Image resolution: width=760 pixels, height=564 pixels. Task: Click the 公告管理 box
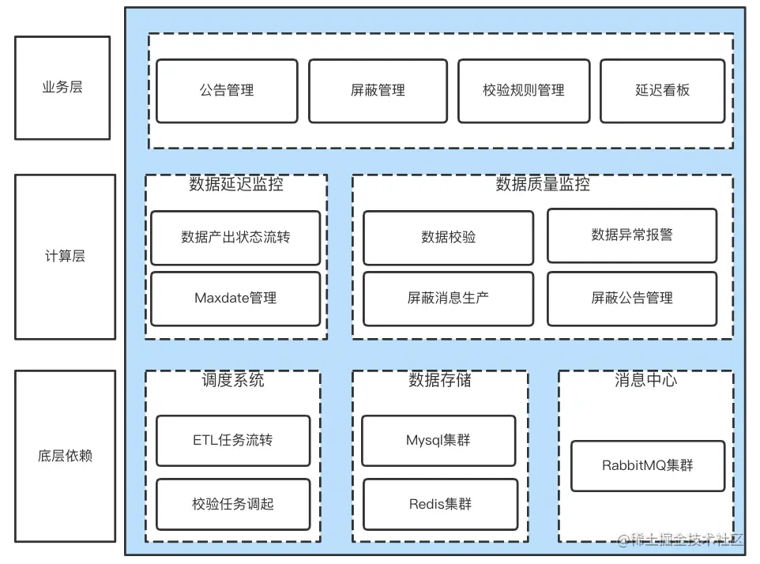227,91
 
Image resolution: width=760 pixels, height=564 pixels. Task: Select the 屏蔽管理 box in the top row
378,91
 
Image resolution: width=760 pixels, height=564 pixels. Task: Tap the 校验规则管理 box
523,91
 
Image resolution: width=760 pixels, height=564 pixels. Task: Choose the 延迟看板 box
662,91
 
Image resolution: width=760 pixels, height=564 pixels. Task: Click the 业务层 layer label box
62,88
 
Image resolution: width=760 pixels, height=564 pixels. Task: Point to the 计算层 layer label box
65,257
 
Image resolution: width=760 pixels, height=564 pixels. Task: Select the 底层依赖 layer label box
65,456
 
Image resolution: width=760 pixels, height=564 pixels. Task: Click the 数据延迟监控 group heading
236,185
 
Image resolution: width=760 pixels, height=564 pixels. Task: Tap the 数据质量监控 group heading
543,185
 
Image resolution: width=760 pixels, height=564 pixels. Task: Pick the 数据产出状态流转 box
235,237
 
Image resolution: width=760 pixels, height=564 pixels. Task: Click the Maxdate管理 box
235,299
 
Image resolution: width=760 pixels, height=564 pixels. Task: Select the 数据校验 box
448,237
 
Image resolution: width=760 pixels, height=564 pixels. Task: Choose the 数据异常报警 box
632,235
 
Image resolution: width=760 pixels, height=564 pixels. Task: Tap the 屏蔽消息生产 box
448,299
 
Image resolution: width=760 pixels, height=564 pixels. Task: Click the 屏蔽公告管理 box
632,299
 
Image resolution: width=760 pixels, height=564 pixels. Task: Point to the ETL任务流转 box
233,440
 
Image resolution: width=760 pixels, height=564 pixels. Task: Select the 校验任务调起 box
233,504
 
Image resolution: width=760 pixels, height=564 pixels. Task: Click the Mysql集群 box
438,440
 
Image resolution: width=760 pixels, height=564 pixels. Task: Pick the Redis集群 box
440,504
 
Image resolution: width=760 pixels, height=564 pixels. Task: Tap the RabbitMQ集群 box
647,465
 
